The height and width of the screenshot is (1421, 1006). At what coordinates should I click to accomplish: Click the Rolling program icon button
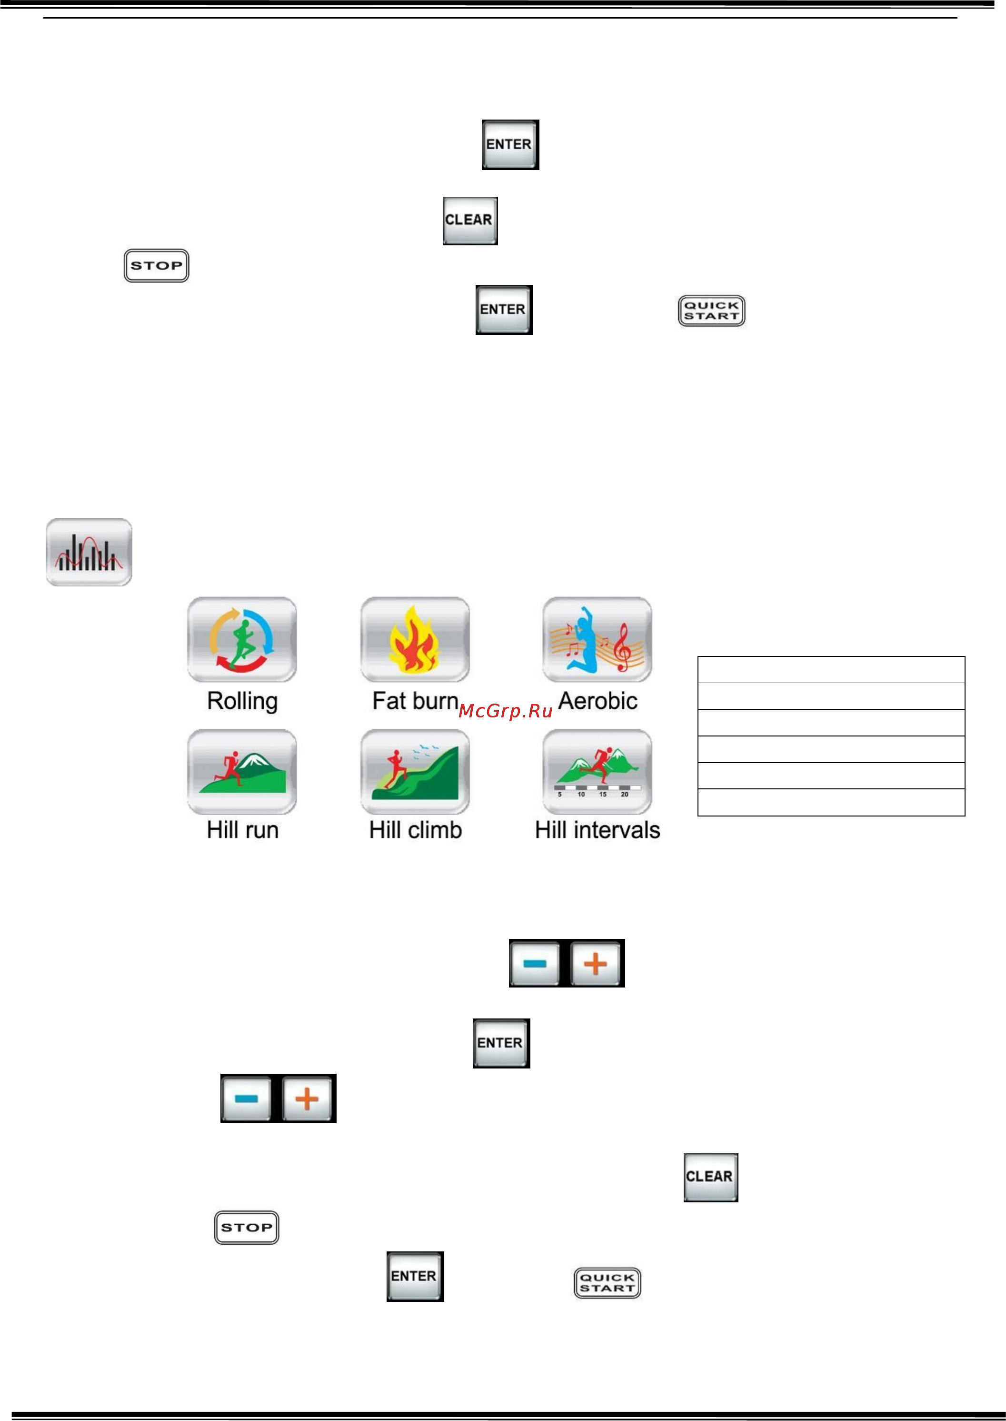pyautogui.click(x=242, y=640)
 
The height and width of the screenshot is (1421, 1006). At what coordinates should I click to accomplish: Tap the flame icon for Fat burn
pyautogui.click(x=415, y=640)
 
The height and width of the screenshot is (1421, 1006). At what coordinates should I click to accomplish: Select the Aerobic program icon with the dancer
pyautogui.click(x=597, y=640)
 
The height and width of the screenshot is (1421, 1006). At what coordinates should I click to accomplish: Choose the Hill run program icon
pyautogui.click(x=242, y=772)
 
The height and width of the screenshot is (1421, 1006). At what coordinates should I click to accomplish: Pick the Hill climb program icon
pyautogui.click(x=415, y=772)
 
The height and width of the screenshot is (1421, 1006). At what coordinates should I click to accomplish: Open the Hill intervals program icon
pyautogui.click(x=597, y=772)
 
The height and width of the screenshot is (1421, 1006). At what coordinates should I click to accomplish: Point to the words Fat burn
pyautogui.click(x=415, y=701)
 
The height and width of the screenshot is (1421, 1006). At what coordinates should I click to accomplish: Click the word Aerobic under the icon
pyautogui.click(x=598, y=701)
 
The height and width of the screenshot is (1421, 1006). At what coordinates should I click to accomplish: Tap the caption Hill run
pyautogui.click(x=242, y=830)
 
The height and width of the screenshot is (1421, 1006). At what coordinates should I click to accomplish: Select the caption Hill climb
pyautogui.click(x=416, y=830)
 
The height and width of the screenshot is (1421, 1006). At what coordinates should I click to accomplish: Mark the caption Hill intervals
pyautogui.click(x=598, y=830)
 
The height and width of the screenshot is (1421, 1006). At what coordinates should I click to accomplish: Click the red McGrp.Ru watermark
pyautogui.click(x=506, y=711)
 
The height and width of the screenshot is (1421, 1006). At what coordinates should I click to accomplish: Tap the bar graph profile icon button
pyautogui.click(x=89, y=552)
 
